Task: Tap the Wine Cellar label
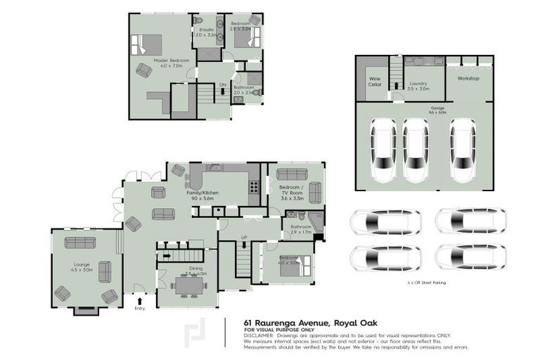pyautogui.click(x=375, y=82)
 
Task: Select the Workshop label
pyautogui.click(x=468, y=78)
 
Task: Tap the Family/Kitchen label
pyautogui.click(x=202, y=195)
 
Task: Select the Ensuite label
pyautogui.click(x=206, y=32)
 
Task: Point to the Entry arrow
pyautogui.click(x=139, y=298)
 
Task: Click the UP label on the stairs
pyautogui.click(x=243, y=238)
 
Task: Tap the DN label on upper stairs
pyautogui.click(x=222, y=84)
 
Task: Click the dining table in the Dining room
pyautogui.click(x=188, y=285)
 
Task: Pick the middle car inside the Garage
pyautogui.click(x=416, y=148)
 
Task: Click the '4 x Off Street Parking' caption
pyautogui.click(x=426, y=283)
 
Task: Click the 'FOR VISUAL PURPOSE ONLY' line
pyautogui.click(x=278, y=330)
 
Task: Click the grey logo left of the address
pyautogui.click(x=195, y=335)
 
